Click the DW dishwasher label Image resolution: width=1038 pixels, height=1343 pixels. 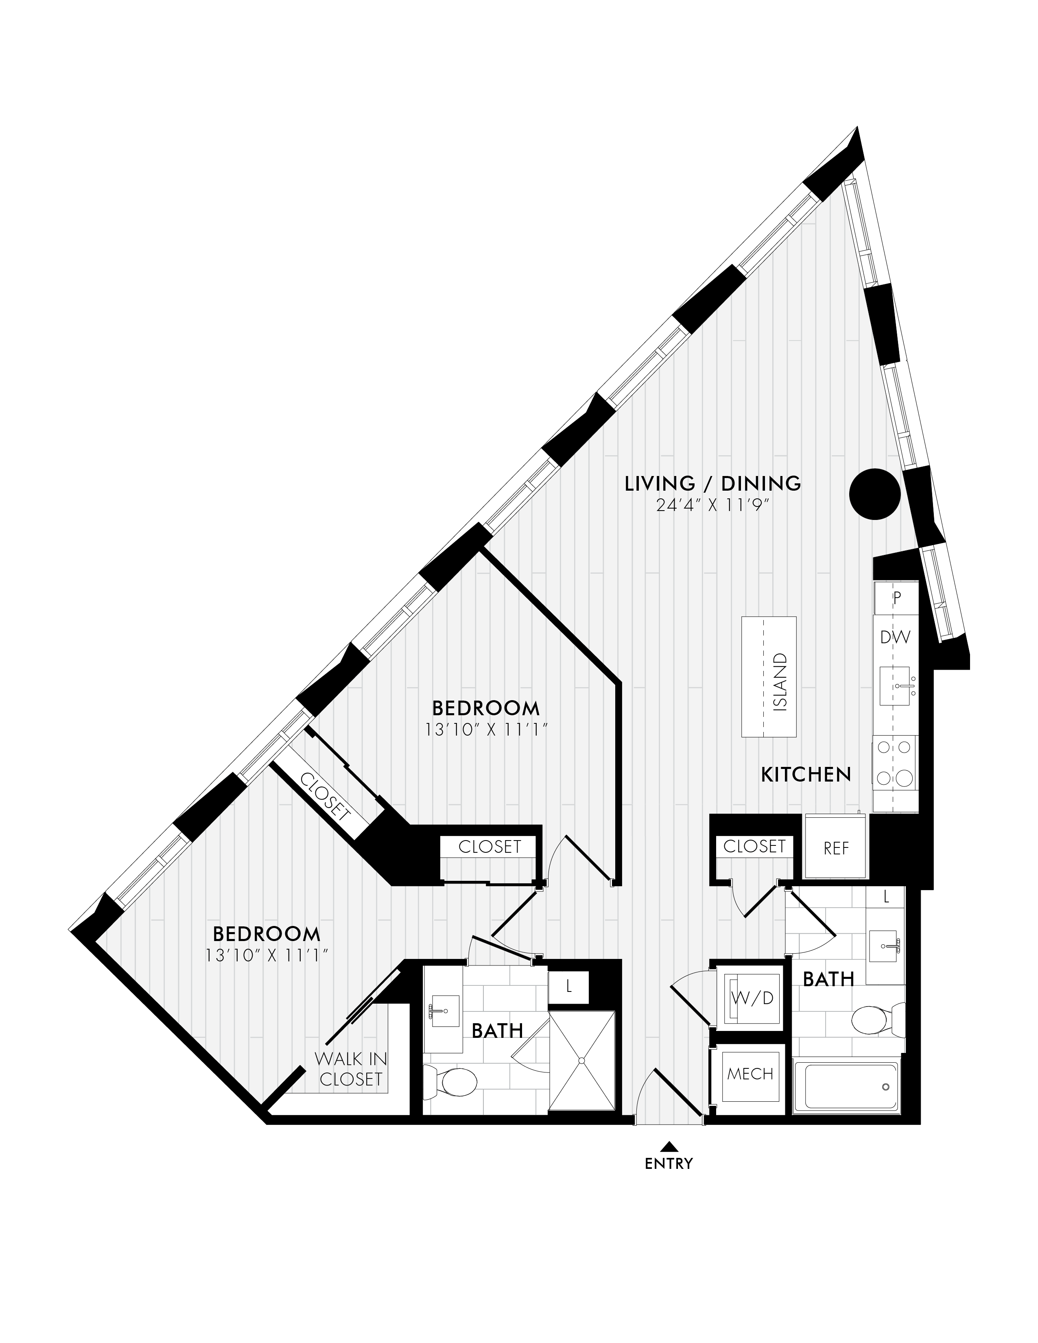tap(895, 637)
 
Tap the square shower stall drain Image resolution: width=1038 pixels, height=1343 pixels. tap(581, 1060)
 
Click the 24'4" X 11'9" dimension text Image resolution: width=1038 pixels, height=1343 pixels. tap(713, 506)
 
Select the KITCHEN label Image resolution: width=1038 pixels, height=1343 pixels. tap(806, 775)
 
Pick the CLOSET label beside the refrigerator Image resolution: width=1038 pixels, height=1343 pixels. tap(754, 846)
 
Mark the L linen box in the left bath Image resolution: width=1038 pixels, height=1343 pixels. tap(569, 986)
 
